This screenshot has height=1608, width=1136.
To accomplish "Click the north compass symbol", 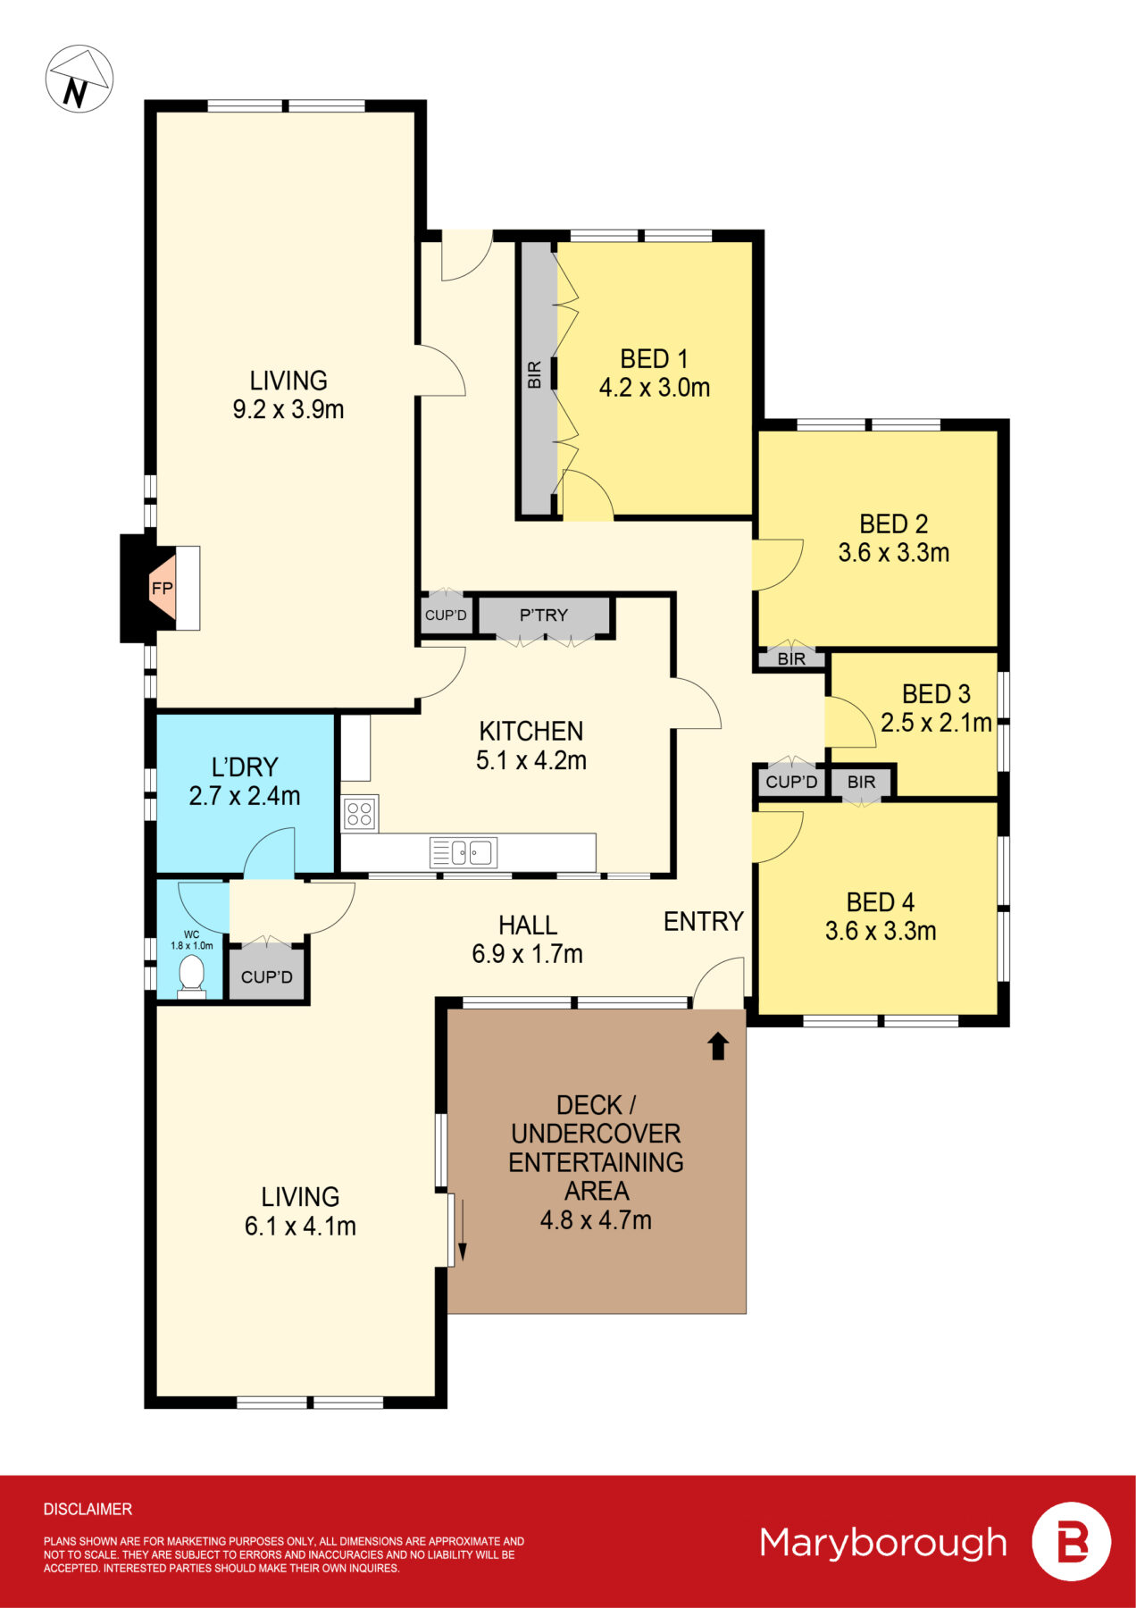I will coord(79,80).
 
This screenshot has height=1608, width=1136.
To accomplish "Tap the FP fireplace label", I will coord(162,588).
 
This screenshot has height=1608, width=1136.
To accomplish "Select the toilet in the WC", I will coord(191,975).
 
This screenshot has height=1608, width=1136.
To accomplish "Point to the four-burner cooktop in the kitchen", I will coord(359,814).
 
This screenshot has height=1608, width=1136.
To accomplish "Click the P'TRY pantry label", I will coord(543,615).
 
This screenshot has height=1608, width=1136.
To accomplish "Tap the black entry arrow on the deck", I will coord(718,1046).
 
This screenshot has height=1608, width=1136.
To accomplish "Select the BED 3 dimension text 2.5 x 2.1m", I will coord(936,723).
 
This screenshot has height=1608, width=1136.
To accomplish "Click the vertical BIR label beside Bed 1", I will coord(535,374).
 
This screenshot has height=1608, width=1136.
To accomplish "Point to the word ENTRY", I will coord(703,921).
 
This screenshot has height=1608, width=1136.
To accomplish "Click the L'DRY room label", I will coord(245,766).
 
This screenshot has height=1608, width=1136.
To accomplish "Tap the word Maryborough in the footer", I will coord(882,1542).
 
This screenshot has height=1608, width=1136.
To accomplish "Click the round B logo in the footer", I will coord(1072,1542).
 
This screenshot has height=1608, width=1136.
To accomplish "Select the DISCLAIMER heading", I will coord(88,1509).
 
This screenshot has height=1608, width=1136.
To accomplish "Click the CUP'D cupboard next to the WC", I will coord(266,976).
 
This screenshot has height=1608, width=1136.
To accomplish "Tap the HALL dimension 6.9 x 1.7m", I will coord(527,954).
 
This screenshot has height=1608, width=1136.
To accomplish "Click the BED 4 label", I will coord(880,901).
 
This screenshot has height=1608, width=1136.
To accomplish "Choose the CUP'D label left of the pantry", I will coord(446,615).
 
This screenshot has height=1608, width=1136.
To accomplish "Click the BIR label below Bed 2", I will coord(791,659).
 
